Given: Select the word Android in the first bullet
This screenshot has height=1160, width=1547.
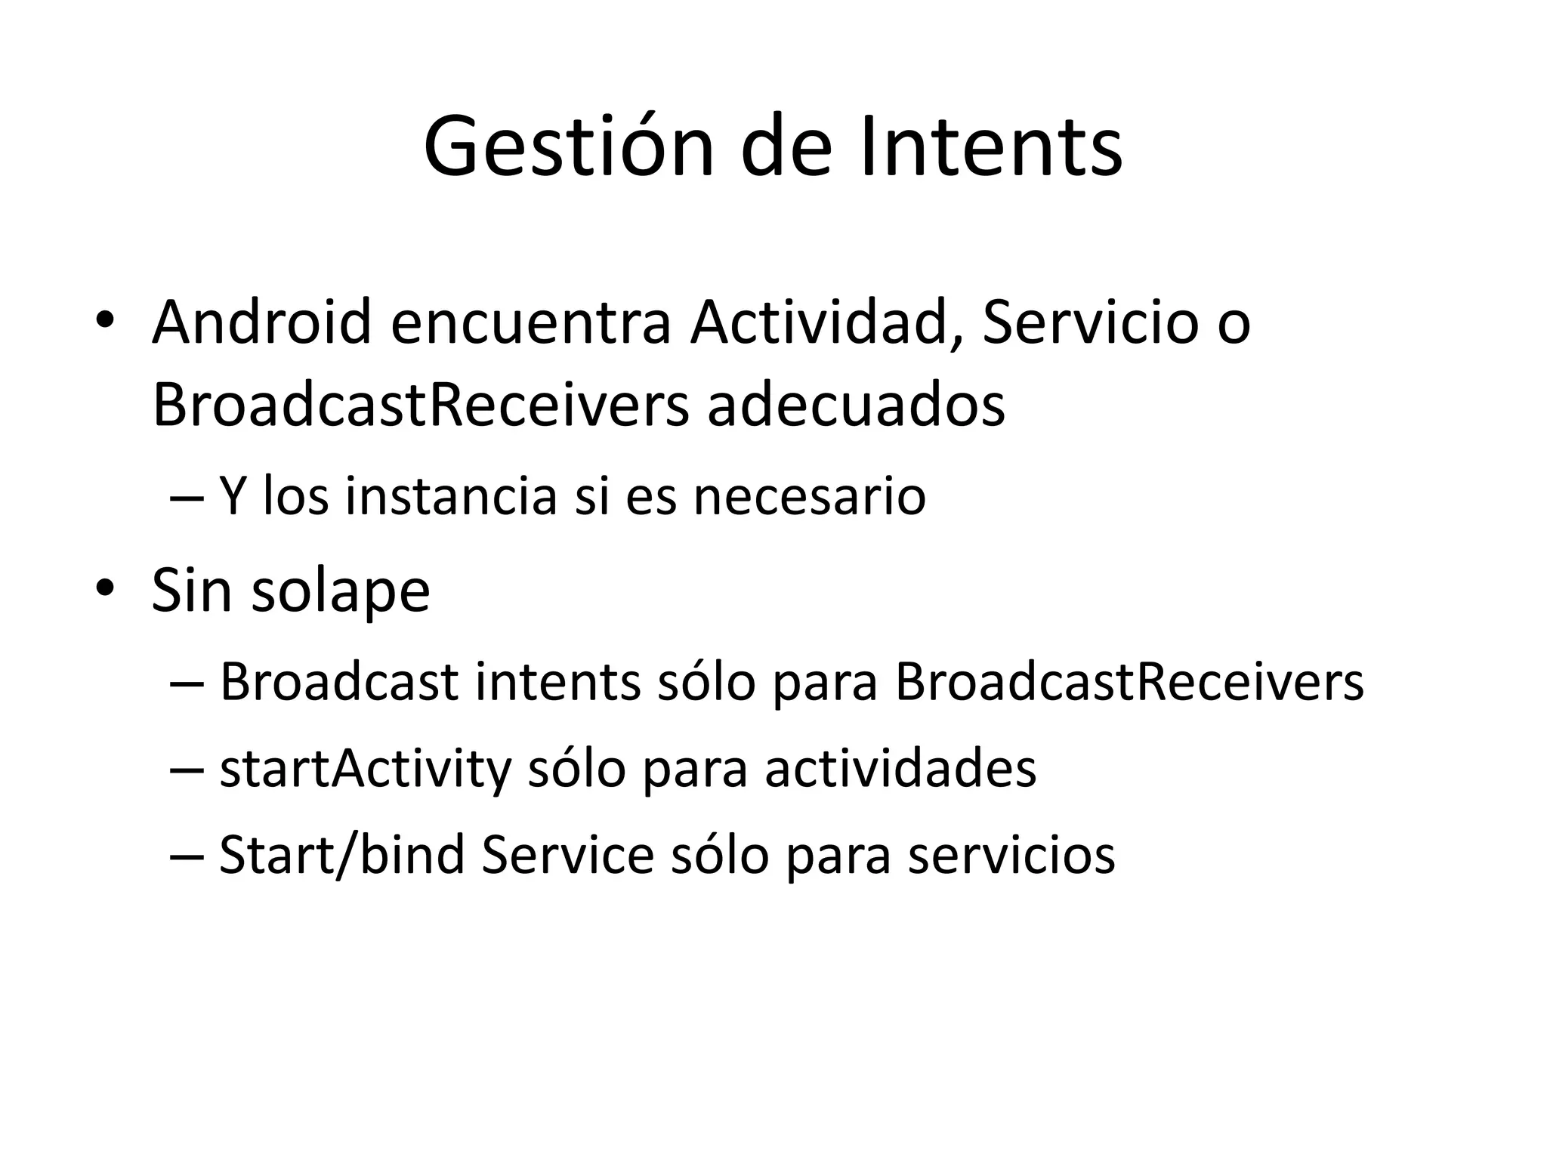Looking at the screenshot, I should [261, 322].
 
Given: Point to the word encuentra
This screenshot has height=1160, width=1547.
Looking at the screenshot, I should [530, 322].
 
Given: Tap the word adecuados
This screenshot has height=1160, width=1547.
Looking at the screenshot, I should [856, 406].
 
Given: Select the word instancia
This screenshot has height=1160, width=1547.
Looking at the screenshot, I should [451, 497].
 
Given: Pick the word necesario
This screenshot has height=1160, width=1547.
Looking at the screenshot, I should [809, 497].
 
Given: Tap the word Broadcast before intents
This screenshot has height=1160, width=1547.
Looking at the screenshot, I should [339, 682].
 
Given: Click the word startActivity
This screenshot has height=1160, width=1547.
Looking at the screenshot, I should [366, 770].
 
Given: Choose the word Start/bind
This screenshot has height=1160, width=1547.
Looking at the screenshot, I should [341, 855].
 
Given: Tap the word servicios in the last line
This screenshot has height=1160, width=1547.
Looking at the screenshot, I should [1011, 855].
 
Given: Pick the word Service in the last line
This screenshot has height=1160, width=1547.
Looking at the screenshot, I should [567, 855].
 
